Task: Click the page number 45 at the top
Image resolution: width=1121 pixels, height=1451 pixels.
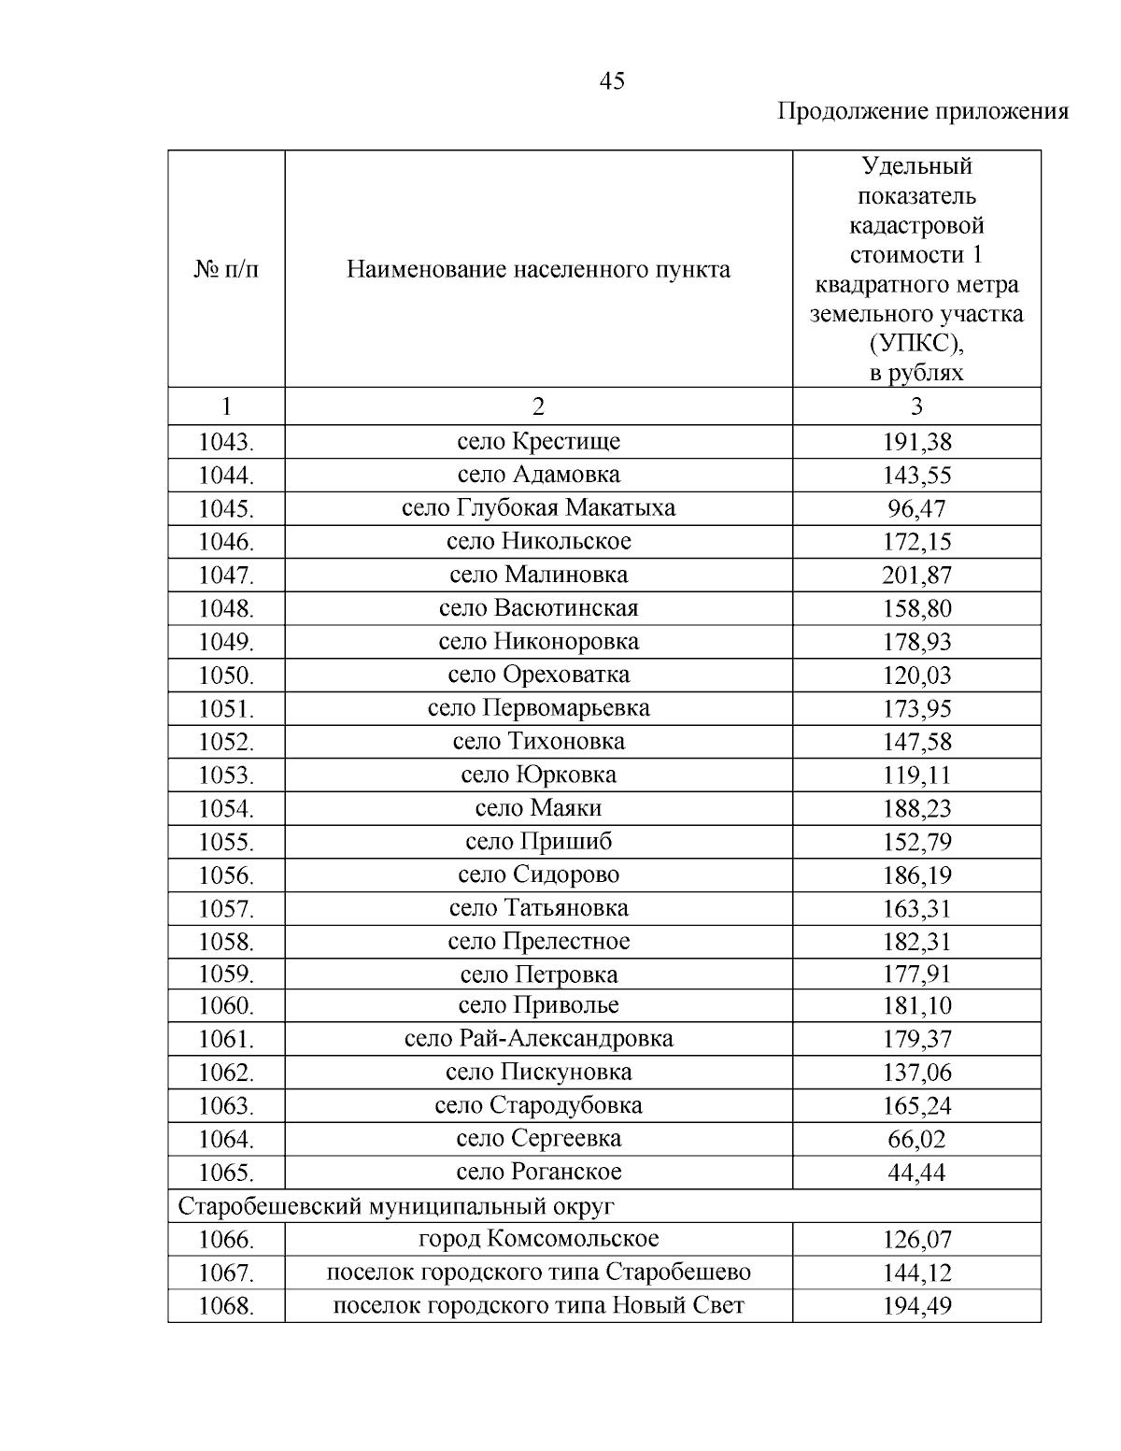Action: [x=612, y=81]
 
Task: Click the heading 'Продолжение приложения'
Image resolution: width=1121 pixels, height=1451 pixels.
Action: [x=923, y=112]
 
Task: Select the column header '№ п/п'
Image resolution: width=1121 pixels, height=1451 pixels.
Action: [x=226, y=270]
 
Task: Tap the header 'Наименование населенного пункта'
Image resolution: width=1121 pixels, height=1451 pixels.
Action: [x=538, y=270]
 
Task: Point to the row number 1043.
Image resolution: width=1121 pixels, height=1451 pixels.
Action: [x=226, y=442]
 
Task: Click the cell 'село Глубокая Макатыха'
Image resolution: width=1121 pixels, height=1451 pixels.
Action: [x=538, y=508]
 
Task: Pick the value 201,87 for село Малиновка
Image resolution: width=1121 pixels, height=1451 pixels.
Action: [x=916, y=575]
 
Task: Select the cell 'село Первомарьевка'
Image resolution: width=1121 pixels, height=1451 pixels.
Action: [x=538, y=708]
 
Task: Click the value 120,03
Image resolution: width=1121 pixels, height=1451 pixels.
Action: [x=916, y=675]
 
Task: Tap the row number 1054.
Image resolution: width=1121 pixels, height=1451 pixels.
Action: [x=226, y=808]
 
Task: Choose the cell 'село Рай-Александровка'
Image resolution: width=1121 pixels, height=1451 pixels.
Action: [x=538, y=1039]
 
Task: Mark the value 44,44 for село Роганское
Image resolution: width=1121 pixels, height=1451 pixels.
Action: [x=916, y=1173]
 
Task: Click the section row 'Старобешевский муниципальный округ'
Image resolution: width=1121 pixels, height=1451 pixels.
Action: [x=396, y=1206]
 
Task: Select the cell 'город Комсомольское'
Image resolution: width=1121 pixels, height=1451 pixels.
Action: [x=538, y=1239]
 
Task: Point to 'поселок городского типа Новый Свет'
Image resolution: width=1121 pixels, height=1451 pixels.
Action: [x=538, y=1305]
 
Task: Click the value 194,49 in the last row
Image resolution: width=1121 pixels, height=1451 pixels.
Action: [x=916, y=1306]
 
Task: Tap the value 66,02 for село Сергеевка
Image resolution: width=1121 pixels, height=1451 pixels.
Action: [x=916, y=1139]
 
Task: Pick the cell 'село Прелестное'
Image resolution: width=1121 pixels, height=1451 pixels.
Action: [x=538, y=941]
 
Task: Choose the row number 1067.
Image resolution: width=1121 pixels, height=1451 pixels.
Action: [x=226, y=1273]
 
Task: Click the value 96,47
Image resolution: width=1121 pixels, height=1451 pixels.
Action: [x=916, y=508]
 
